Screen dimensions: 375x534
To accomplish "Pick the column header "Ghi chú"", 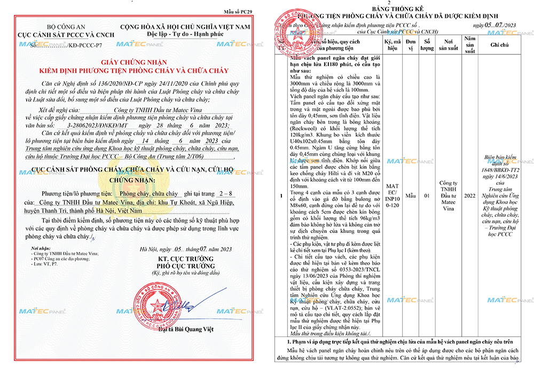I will click(500, 45).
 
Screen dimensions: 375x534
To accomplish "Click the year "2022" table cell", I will click(470, 196).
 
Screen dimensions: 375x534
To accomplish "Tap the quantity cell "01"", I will click(427, 196).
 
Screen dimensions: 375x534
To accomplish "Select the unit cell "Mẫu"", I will click(410, 196).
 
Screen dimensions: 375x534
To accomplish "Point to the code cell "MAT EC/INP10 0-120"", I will click(391, 196).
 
